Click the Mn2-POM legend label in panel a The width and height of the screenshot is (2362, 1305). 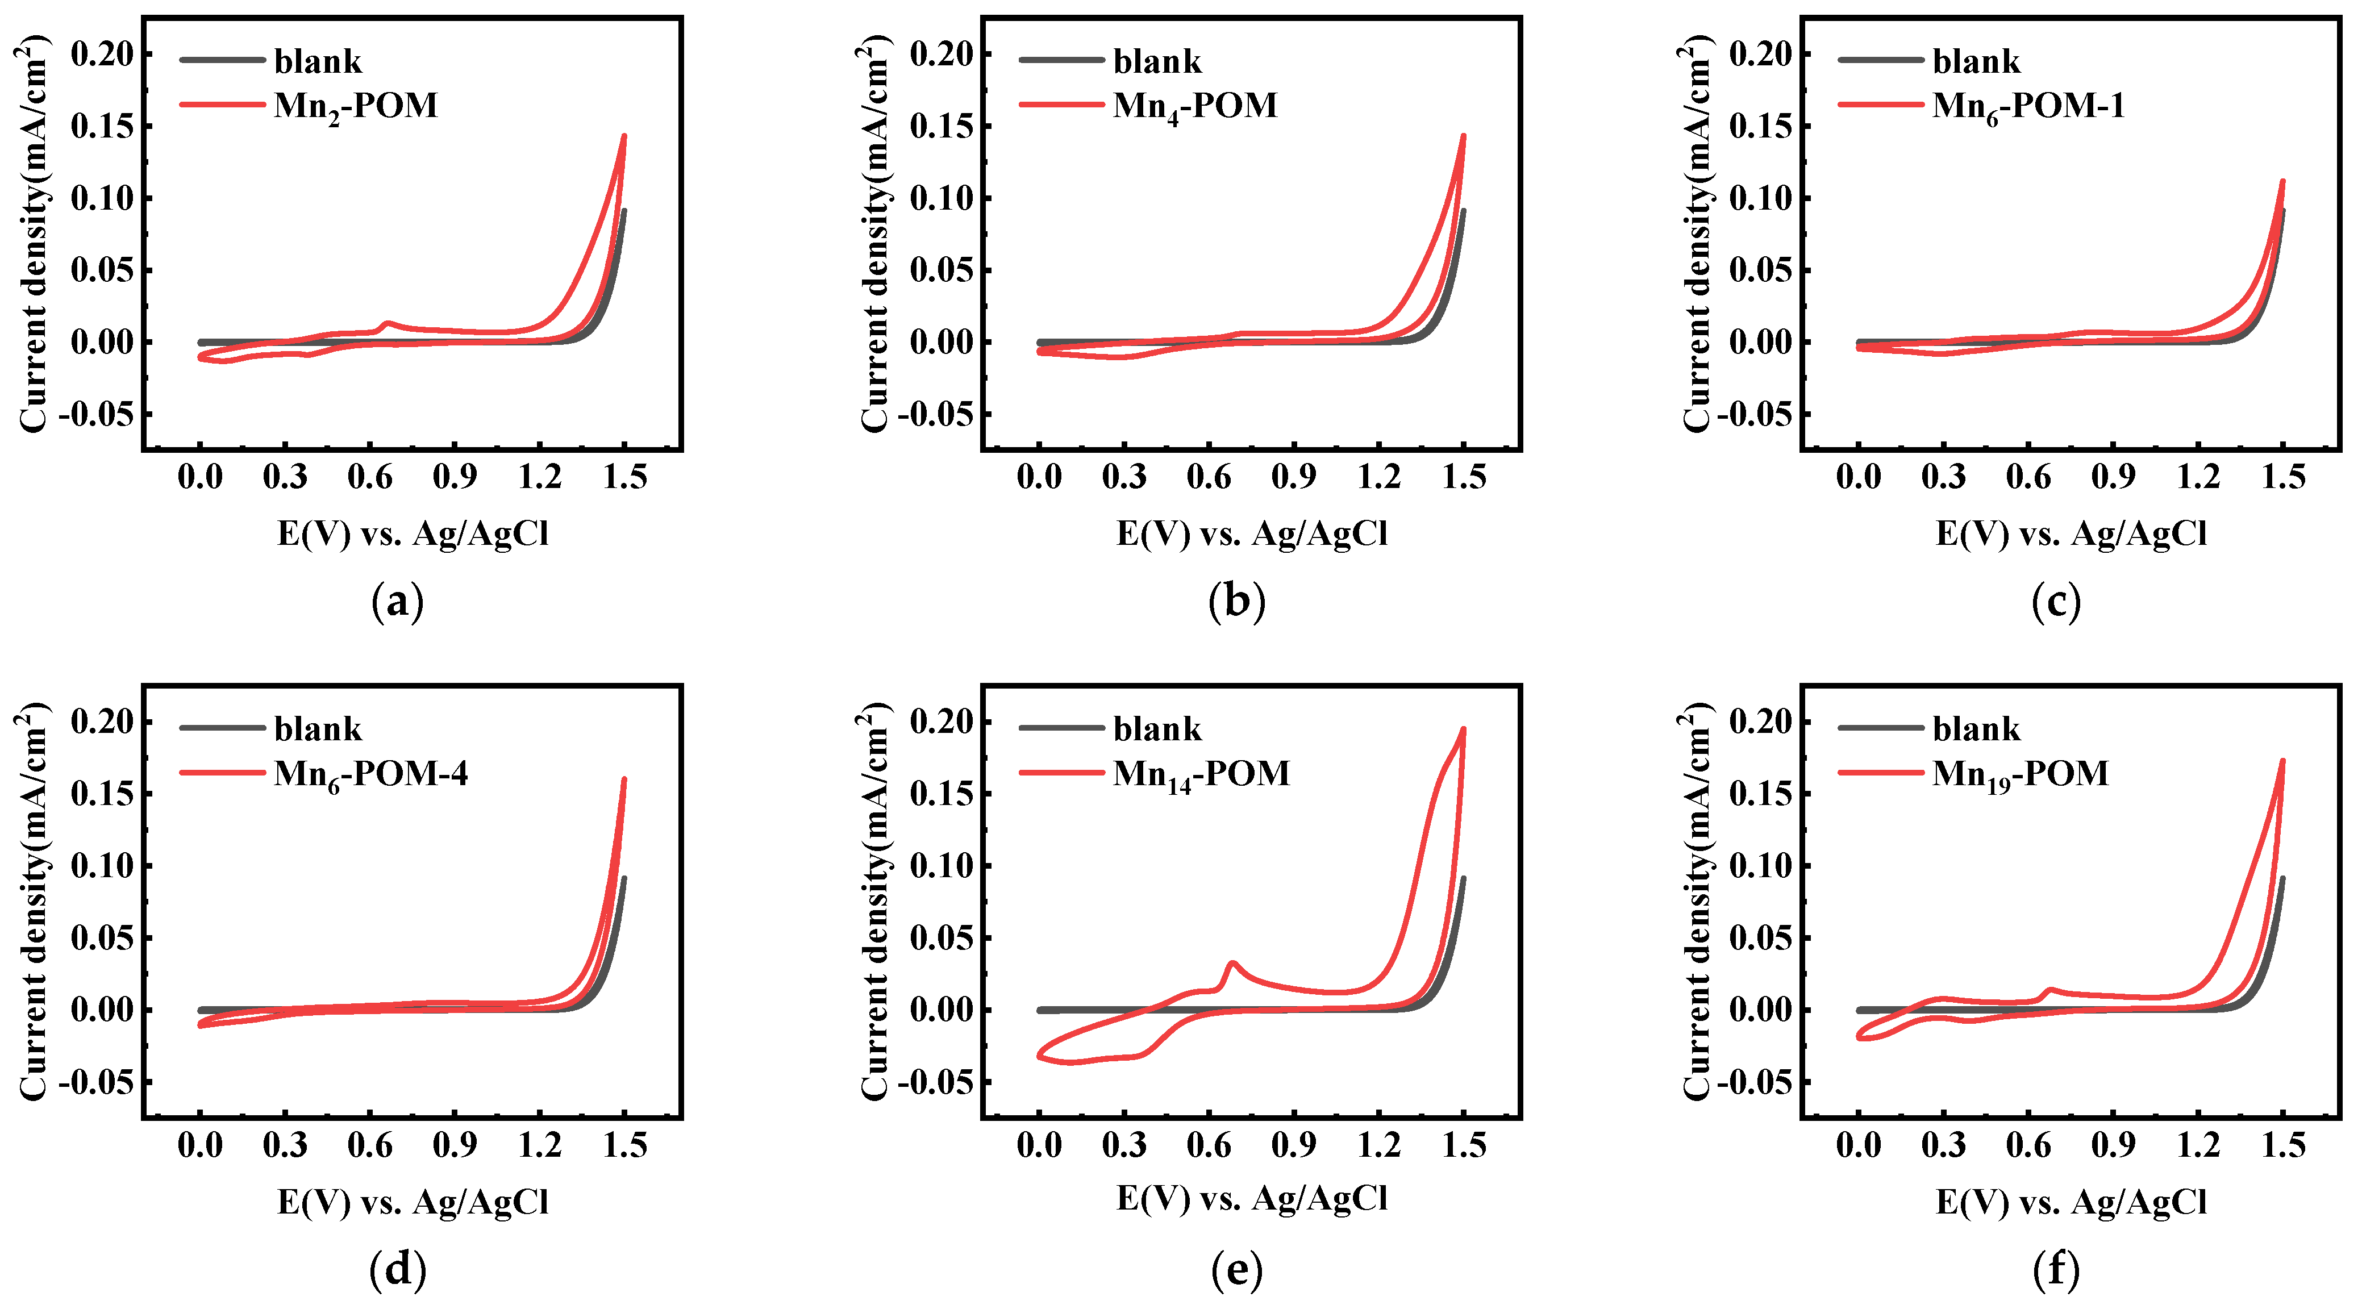(x=356, y=106)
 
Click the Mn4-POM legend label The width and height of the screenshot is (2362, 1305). (x=1195, y=106)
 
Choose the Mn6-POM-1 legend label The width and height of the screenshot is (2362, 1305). (x=2028, y=106)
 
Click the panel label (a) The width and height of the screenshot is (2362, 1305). (x=397, y=603)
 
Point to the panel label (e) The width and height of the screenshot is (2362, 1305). (x=1236, y=1270)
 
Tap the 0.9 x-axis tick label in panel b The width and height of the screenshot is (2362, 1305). (x=1293, y=477)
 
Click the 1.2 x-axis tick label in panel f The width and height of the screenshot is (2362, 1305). (x=2198, y=1145)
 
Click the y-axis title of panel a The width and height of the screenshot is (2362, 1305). (x=33, y=234)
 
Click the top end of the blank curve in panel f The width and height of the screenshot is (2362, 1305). (x=2282, y=878)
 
